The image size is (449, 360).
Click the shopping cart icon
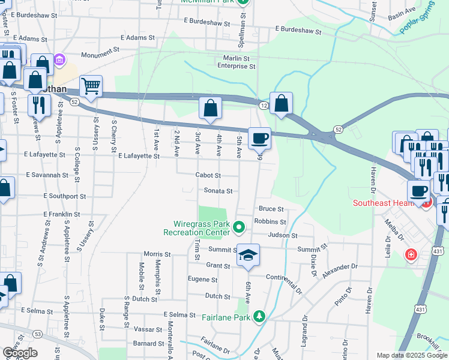(x=91, y=86)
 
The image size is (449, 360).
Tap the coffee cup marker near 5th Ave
(x=259, y=138)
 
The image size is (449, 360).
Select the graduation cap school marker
(x=248, y=255)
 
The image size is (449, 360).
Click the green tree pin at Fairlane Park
(x=259, y=316)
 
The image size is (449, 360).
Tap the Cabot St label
(x=208, y=175)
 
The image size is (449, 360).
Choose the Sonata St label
(x=219, y=191)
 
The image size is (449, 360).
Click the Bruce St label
(x=270, y=209)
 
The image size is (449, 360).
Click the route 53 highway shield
(x=38, y=334)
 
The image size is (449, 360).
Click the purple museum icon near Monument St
(x=60, y=61)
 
